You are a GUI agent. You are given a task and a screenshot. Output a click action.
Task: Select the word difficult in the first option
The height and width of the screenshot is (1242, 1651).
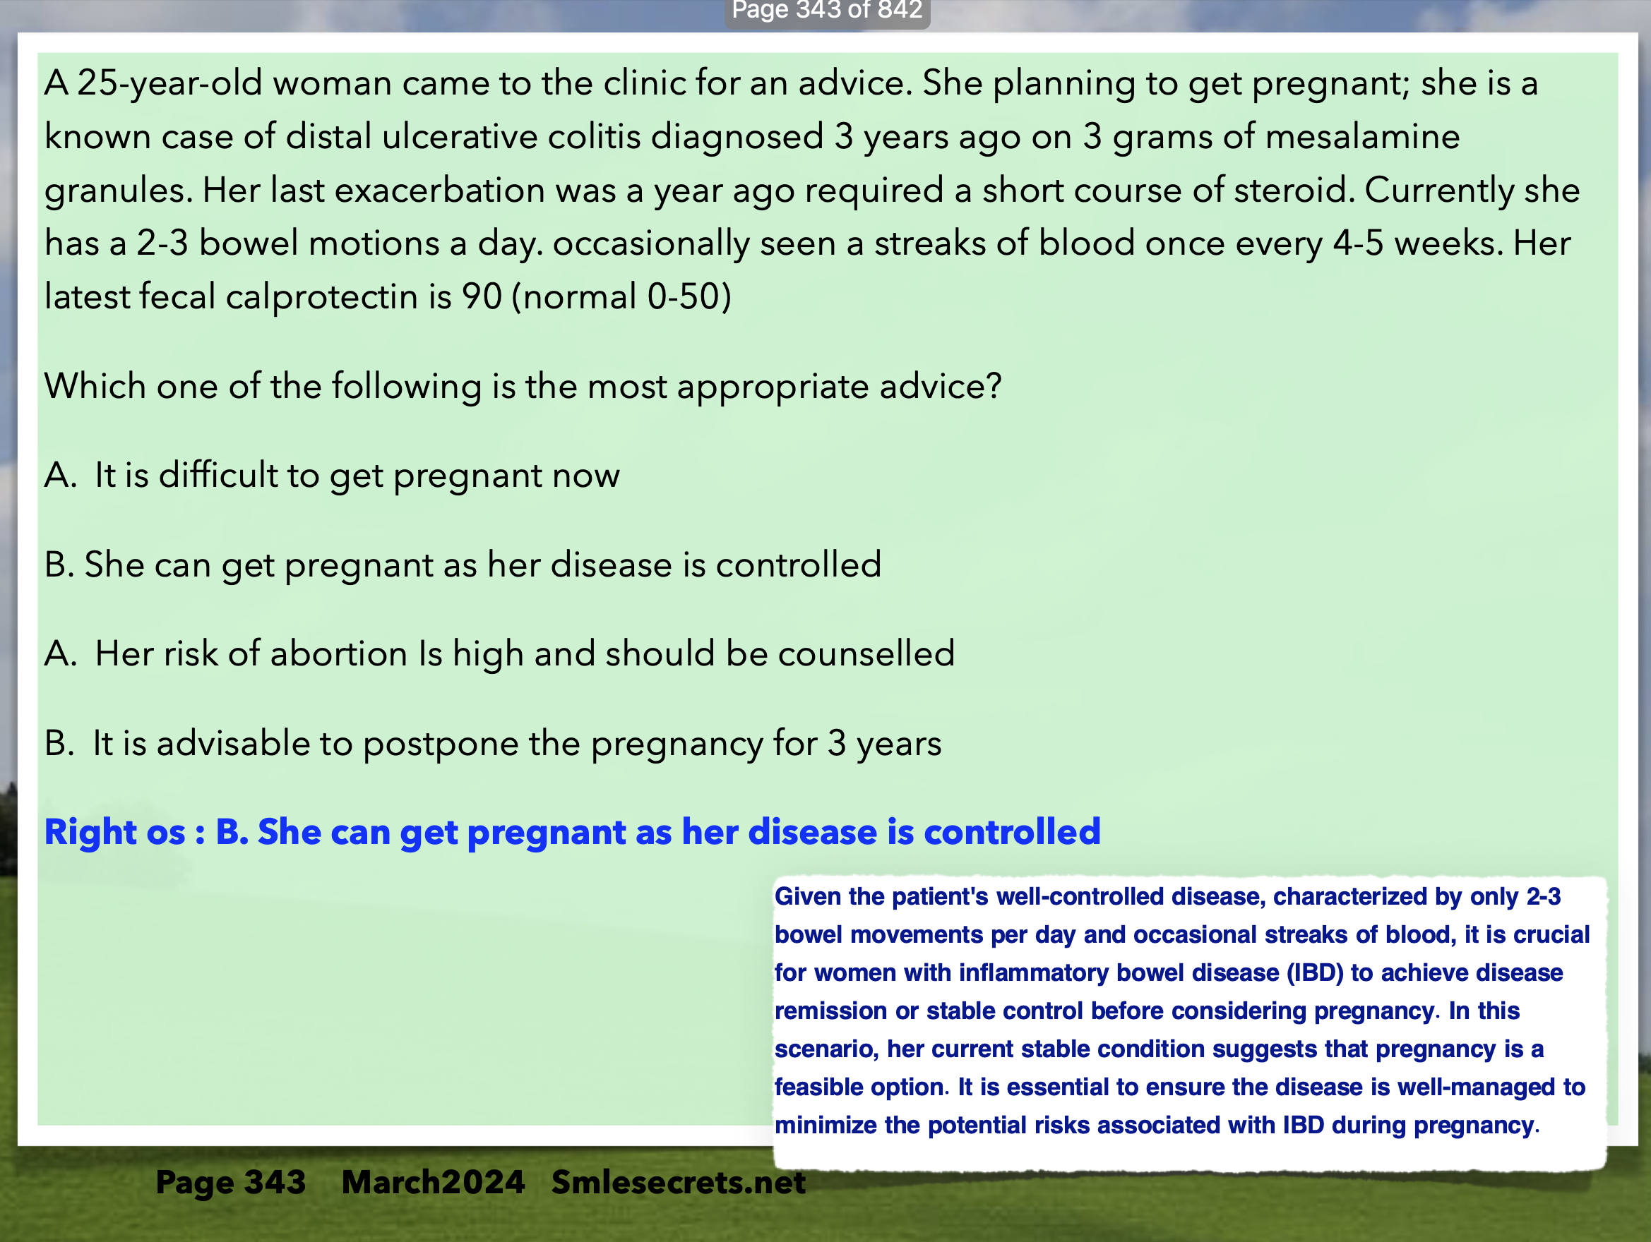pyautogui.click(x=218, y=475)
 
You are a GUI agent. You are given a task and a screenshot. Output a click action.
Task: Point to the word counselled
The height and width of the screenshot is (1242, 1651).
pyautogui.click(x=866, y=653)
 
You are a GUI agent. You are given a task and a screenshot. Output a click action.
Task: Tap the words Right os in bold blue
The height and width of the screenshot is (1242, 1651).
pyautogui.click(x=115, y=832)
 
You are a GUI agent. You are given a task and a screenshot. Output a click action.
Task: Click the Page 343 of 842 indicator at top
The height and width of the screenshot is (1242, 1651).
pyautogui.click(x=827, y=11)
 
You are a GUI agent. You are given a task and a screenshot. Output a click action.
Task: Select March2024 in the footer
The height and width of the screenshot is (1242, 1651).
pyautogui.click(x=433, y=1182)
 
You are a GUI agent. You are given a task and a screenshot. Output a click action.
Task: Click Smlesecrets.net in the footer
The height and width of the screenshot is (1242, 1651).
pyautogui.click(x=679, y=1182)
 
